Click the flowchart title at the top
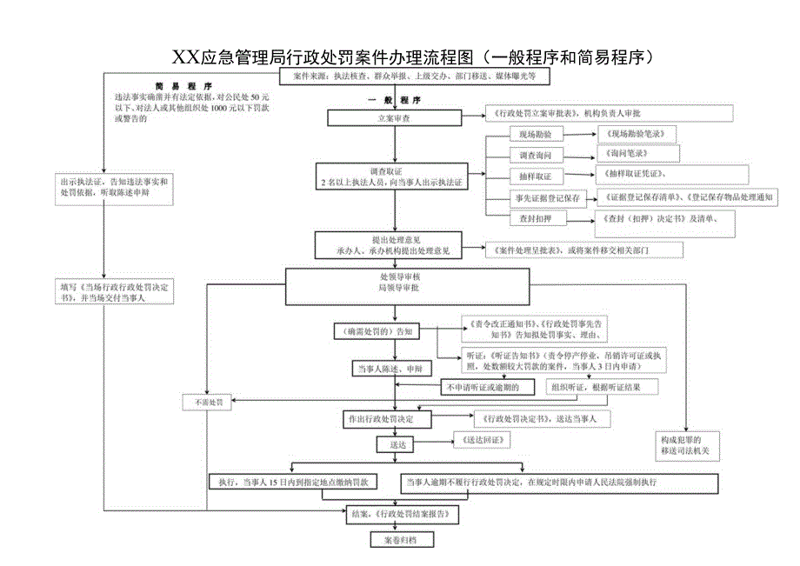(412, 57)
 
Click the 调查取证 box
(390, 176)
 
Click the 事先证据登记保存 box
(542, 198)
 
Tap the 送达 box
(397, 443)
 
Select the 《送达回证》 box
(480, 441)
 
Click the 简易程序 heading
(183, 87)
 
